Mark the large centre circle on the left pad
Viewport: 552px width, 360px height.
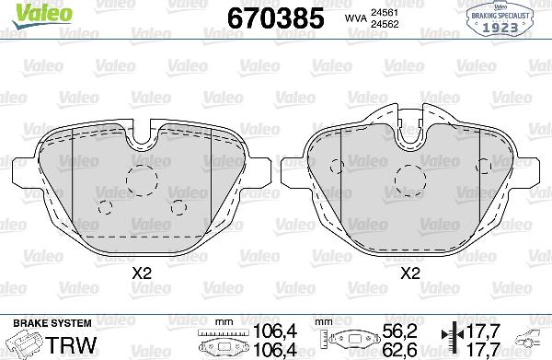pos(142,180)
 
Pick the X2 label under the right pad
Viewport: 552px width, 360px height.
pos(409,273)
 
